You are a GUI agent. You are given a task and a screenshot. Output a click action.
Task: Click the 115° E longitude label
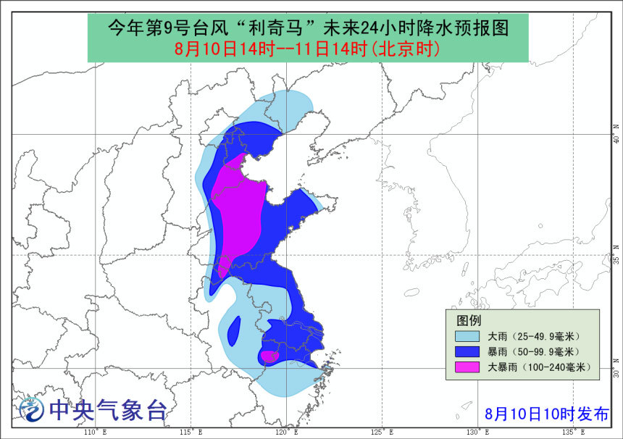pos(191,432)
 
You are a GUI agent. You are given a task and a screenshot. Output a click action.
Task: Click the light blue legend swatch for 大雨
pos(467,337)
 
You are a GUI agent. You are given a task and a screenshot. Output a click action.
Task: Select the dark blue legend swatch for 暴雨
pos(467,352)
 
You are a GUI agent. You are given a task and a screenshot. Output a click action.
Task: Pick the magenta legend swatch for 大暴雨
pos(467,367)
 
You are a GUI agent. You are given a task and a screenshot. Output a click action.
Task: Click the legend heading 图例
pos(468,319)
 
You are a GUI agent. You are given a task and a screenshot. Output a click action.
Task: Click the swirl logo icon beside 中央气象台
pos(30,411)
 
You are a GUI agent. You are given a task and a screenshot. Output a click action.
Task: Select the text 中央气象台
pos(107,411)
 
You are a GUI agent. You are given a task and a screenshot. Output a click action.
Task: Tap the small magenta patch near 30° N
pos(269,356)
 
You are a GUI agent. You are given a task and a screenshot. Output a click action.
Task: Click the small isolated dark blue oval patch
pos(234,331)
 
